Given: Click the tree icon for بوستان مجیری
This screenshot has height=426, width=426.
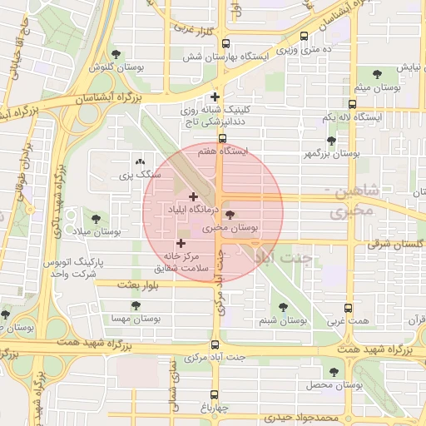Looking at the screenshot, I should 230,215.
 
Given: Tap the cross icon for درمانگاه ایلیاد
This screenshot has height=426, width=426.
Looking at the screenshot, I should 194,197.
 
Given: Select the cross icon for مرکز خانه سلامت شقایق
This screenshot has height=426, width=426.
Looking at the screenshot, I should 181,243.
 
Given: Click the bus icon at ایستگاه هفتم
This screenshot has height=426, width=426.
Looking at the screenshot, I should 222,139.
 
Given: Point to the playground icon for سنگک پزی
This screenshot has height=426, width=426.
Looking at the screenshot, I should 139,162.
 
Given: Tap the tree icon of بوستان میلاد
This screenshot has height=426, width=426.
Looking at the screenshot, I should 96,219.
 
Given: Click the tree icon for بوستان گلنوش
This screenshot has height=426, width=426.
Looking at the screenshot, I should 116,54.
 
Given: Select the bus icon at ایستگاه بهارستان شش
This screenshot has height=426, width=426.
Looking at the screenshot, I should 304,37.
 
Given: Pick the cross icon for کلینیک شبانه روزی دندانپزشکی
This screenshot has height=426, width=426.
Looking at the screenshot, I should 215,97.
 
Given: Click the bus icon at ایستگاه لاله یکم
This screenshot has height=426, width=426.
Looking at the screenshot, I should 352,105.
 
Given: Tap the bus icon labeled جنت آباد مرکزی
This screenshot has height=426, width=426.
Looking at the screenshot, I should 215,344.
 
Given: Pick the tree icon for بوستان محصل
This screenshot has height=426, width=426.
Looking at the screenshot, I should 334,372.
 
